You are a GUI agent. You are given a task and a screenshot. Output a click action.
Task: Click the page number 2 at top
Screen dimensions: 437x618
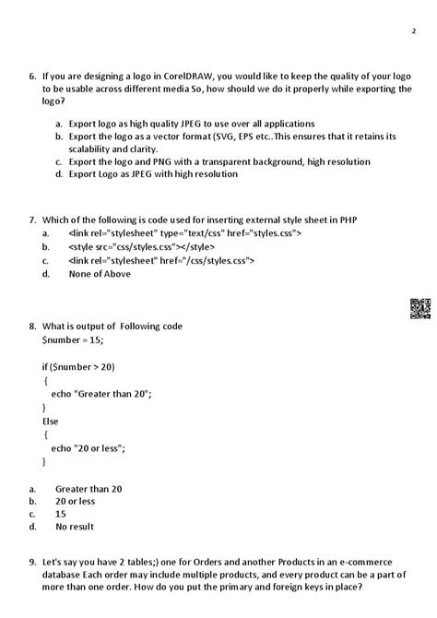point(413,30)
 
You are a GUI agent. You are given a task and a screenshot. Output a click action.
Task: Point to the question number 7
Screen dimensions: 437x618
point(32,220)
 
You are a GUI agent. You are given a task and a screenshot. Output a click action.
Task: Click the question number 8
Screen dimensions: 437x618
point(32,327)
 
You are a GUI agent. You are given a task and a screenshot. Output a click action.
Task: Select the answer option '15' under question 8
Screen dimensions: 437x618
point(60,514)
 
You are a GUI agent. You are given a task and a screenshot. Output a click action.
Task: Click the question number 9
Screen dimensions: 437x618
point(32,562)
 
